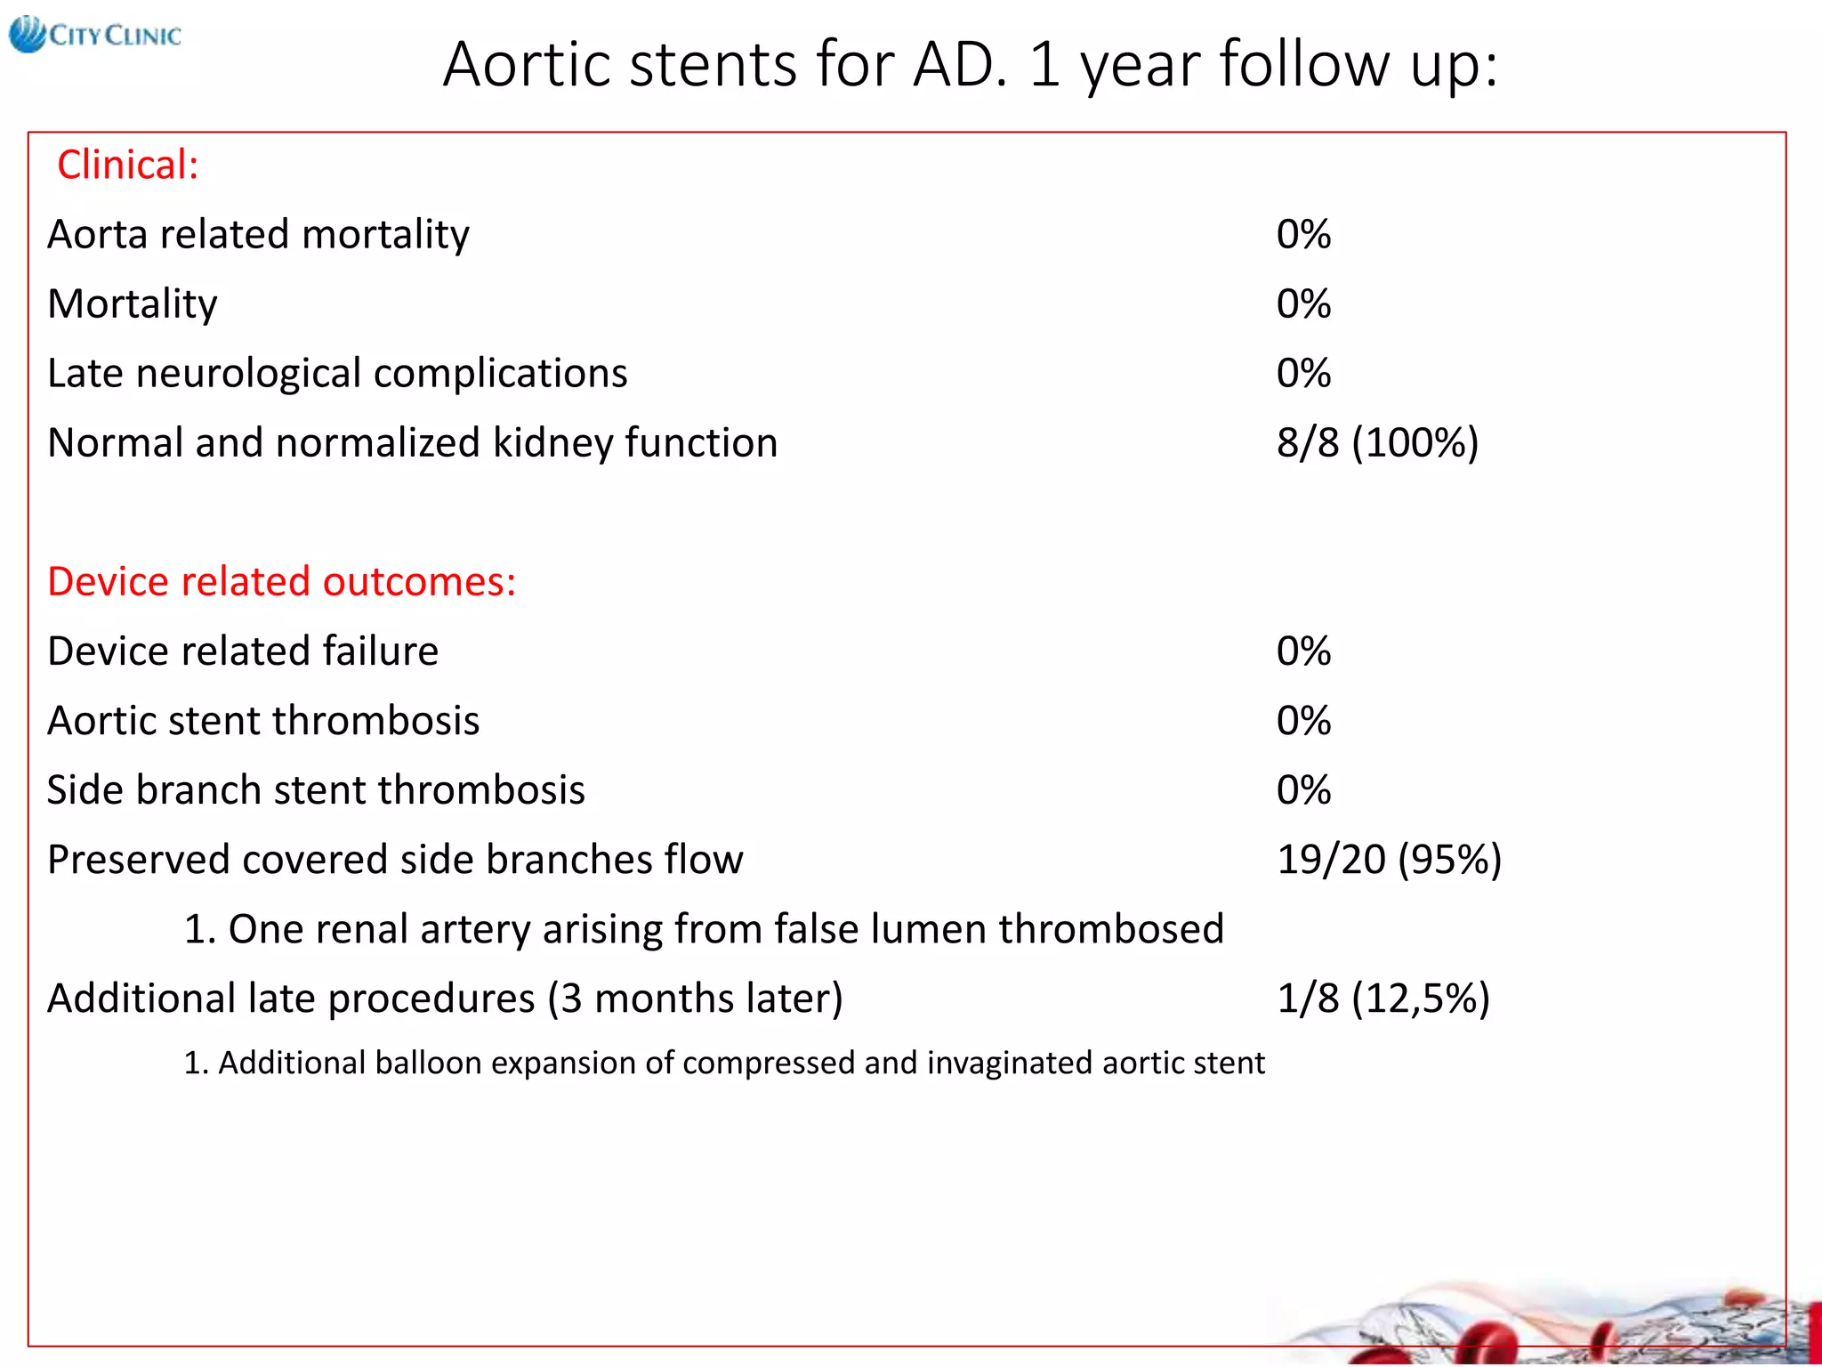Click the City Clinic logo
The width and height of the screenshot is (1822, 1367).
tap(95, 36)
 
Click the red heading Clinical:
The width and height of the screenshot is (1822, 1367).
tap(127, 165)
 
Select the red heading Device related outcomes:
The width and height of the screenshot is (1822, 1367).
tap(281, 581)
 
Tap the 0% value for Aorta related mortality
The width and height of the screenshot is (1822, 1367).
tap(1302, 234)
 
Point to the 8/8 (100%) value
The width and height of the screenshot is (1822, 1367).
tap(1376, 442)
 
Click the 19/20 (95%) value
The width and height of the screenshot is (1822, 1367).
tap(1388, 859)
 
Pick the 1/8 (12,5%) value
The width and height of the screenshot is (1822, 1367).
tap(1383, 998)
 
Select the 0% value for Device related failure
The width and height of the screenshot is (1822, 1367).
tap(1302, 651)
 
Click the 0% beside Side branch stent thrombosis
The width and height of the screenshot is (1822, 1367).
tap(1302, 789)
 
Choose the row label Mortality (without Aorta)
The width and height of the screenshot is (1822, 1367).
tap(132, 304)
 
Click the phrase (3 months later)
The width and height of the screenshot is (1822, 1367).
tap(694, 999)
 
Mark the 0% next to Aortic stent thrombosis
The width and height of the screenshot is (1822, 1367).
tap(1302, 720)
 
